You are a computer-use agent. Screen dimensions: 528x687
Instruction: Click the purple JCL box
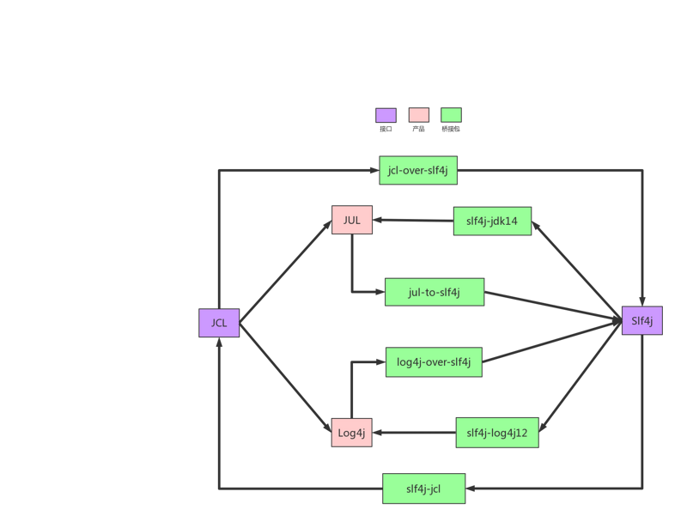(x=219, y=323)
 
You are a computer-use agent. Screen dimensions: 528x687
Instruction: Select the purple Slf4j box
(x=642, y=321)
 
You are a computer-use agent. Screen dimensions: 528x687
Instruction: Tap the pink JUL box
(x=351, y=221)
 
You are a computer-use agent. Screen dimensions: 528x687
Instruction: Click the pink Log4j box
(x=352, y=433)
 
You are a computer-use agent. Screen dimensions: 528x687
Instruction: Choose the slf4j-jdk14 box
(x=492, y=222)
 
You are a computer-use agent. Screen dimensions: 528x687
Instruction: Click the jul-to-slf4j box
(x=435, y=293)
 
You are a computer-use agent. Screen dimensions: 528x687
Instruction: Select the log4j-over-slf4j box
(x=434, y=361)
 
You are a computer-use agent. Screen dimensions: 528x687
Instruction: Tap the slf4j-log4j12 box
(x=496, y=434)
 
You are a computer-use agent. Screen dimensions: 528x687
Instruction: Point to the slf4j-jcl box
(x=423, y=489)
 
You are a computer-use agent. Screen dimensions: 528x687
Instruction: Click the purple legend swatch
(x=386, y=115)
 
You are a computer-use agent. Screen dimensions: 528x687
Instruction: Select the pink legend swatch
(x=418, y=115)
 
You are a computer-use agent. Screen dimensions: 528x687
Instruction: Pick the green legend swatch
(x=451, y=115)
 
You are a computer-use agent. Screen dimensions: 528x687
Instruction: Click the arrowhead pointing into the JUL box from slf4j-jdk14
(x=378, y=222)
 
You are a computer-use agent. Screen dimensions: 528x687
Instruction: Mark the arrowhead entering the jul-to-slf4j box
(x=378, y=293)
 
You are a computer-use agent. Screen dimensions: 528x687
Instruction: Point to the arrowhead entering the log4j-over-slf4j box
(x=379, y=361)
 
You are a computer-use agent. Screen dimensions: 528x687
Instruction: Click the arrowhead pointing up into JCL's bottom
(x=219, y=343)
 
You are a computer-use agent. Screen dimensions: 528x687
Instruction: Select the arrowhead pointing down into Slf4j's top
(x=642, y=300)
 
